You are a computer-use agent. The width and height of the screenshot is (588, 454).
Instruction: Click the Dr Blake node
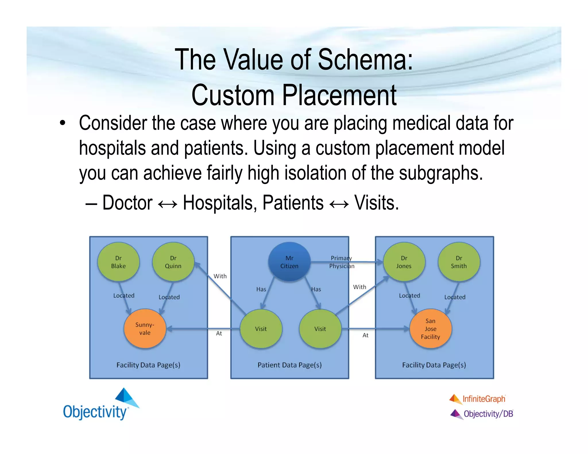pyautogui.click(x=118, y=262)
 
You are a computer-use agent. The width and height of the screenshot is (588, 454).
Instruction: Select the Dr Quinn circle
pyautogui.click(x=173, y=262)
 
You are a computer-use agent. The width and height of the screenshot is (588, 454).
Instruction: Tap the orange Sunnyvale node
pyautogui.click(x=145, y=329)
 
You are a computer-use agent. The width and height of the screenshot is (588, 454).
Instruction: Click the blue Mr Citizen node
pyautogui.click(x=289, y=262)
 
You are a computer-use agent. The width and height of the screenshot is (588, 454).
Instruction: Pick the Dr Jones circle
pyautogui.click(x=404, y=262)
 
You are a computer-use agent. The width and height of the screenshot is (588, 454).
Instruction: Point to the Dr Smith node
pyautogui.click(x=459, y=262)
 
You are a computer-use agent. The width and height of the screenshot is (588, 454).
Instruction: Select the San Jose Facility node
pyautogui.click(x=430, y=329)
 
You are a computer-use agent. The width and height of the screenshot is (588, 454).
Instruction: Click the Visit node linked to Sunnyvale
pyautogui.click(x=261, y=329)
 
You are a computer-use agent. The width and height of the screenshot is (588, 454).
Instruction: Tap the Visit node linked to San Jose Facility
pyautogui.click(x=320, y=329)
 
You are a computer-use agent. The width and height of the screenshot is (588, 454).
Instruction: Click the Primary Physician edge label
pyautogui.click(x=342, y=262)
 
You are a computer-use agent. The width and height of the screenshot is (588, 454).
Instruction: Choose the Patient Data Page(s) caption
pyautogui.click(x=289, y=365)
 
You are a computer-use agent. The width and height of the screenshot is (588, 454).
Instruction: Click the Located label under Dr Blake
pyautogui.click(x=124, y=296)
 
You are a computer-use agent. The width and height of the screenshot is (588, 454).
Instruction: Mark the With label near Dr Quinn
pyautogui.click(x=220, y=276)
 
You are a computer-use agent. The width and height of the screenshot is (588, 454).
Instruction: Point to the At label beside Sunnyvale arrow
pyautogui.click(x=219, y=333)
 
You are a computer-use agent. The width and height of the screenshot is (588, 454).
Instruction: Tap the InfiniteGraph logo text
pyautogui.click(x=484, y=399)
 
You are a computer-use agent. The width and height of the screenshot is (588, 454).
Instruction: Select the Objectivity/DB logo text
pyautogui.click(x=488, y=414)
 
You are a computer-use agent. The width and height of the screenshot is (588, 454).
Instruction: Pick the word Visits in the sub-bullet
pyautogui.click(x=376, y=203)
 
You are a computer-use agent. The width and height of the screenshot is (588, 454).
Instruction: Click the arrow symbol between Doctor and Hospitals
pyautogui.click(x=168, y=204)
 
